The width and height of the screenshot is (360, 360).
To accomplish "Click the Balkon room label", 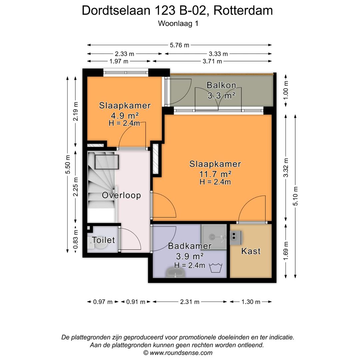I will tap(221, 85).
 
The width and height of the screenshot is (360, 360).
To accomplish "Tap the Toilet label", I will tap(103, 240).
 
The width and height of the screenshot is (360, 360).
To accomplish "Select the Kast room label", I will tap(251, 251).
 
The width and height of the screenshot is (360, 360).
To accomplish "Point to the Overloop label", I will tap(121, 195).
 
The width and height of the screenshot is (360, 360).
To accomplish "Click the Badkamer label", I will tap(190, 246).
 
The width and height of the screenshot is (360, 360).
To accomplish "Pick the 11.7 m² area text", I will tap(215, 174).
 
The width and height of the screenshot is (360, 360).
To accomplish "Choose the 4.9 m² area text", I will tap(125, 115).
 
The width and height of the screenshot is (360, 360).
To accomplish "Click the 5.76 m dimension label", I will tap(180, 45).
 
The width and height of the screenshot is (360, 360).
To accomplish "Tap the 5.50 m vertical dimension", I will tap(68, 165).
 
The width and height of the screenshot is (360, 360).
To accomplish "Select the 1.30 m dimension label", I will tap(251, 302).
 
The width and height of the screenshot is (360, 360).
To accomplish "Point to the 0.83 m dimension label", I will tap(76, 239).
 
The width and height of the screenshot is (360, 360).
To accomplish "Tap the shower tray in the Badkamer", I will tap(214, 237).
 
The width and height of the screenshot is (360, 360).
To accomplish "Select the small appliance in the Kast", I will tap(235, 236).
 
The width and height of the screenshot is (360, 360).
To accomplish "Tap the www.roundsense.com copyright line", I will tap(178, 353).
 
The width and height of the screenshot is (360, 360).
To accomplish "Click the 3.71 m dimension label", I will tap(212, 61).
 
